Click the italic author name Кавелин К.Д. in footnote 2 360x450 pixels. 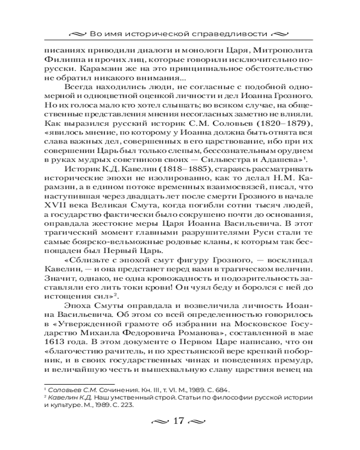point(67,397)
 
